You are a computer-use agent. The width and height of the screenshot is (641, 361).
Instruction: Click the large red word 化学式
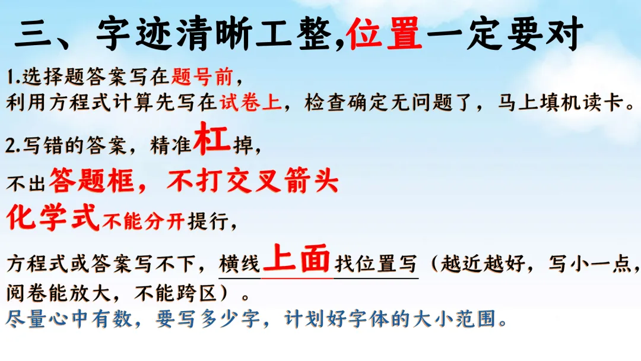pyautogui.click(x=53, y=218)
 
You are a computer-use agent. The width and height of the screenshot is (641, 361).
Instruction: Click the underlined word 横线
pyautogui.click(x=240, y=264)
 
